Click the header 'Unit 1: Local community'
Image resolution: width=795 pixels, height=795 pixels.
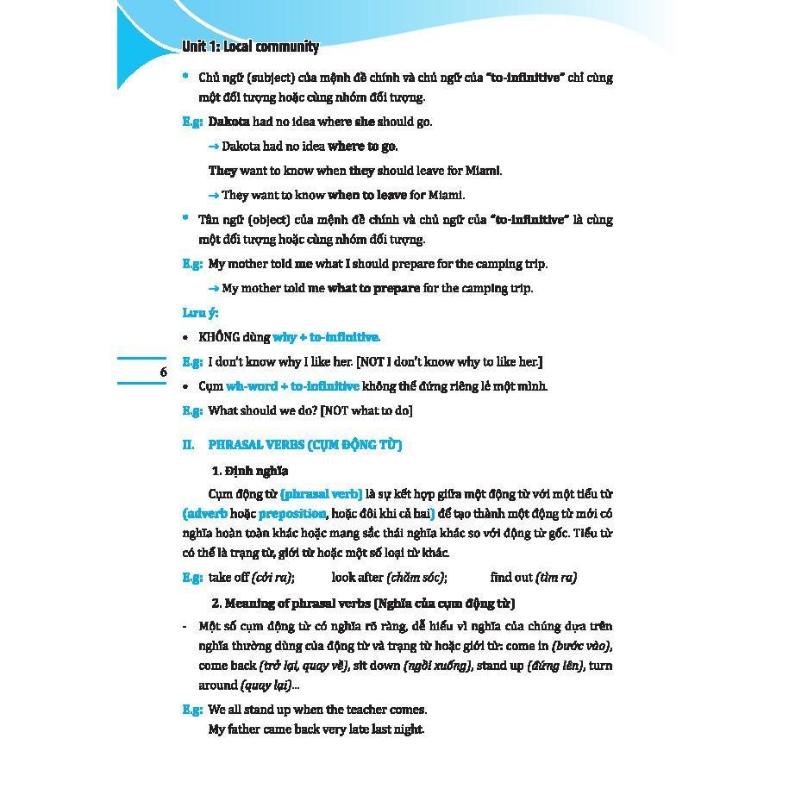click(250, 47)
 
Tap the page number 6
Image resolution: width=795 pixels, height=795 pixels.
click(163, 372)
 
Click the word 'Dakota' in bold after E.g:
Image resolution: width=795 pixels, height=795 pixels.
click(228, 122)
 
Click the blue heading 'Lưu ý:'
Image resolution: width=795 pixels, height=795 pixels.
click(200, 313)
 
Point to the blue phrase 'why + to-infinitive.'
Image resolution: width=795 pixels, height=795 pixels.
click(327, 337)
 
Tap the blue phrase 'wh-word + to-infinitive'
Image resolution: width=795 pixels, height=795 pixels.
click(292, 386)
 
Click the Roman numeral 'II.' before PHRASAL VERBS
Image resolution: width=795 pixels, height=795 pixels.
click(189, 445)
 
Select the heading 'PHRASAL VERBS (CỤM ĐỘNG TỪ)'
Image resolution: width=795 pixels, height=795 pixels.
click(305, 445)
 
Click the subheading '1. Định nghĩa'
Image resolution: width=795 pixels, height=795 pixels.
click(250, 471)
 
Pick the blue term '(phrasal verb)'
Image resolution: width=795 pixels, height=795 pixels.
click(322, 494)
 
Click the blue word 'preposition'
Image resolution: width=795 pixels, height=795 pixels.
click(292, 514)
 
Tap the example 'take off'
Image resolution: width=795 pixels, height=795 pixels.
click(228, 578)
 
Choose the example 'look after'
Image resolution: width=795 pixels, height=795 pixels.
click(357, 578)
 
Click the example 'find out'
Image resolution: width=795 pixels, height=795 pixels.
click(511, 578)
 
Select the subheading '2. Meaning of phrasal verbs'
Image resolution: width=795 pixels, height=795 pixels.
click(285, 604)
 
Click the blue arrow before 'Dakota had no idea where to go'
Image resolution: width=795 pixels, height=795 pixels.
click(214, 147)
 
